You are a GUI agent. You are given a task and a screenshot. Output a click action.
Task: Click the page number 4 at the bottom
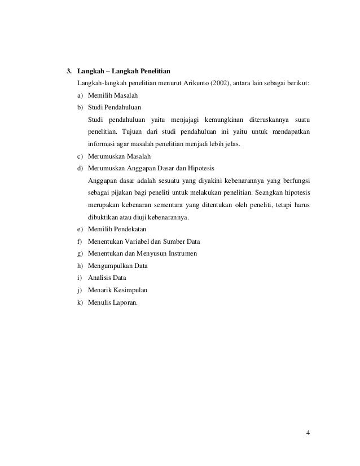[x=308, y=433]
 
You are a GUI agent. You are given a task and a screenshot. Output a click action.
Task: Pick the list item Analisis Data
[x=107, y=278]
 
